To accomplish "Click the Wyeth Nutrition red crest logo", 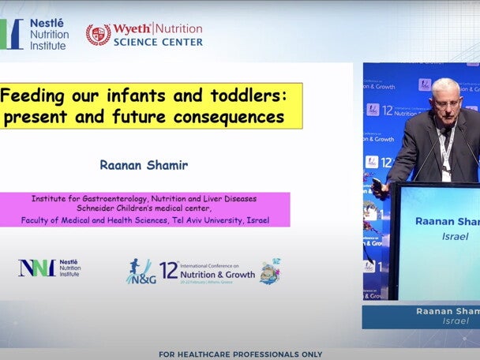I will (98, 34).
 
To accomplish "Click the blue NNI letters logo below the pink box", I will (36, 268).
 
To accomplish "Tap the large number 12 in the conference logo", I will (169, 270).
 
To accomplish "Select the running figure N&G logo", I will (140, 271).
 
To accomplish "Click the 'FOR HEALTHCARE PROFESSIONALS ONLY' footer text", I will (241, 354).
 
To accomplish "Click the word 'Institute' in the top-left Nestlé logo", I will (49, 46).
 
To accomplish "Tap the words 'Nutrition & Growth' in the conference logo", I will (217, 276).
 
